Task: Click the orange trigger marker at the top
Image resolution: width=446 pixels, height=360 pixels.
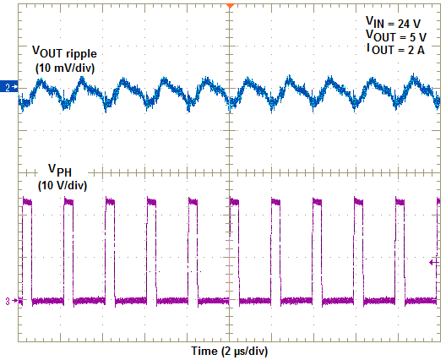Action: coord(229,6)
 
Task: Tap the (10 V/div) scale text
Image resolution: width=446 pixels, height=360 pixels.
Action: coord(63,185)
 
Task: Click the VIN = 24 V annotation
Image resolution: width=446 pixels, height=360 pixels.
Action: coord(394,22)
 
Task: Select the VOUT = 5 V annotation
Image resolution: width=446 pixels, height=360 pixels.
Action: coord(396,36)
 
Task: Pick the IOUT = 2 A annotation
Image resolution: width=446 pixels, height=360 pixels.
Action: coord(396,51)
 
